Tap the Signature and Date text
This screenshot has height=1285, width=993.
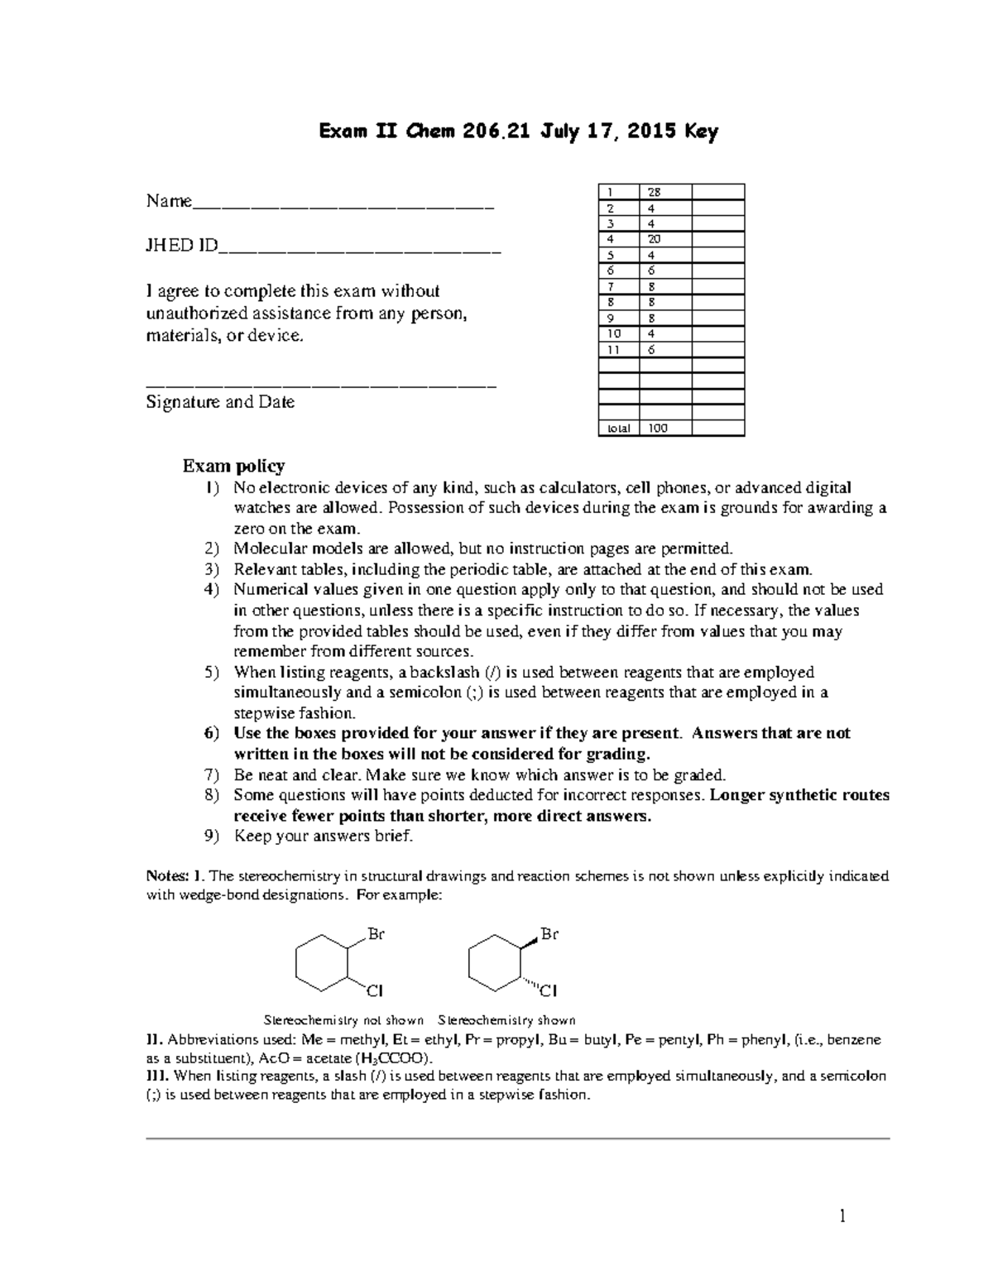220,402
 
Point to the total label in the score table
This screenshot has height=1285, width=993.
618,429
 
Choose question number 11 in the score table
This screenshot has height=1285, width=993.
613,349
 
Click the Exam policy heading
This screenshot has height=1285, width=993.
233,466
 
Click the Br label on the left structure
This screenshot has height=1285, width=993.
377,935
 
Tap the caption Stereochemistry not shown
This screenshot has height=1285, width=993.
343,1020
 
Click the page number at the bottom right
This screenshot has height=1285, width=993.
843,1216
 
